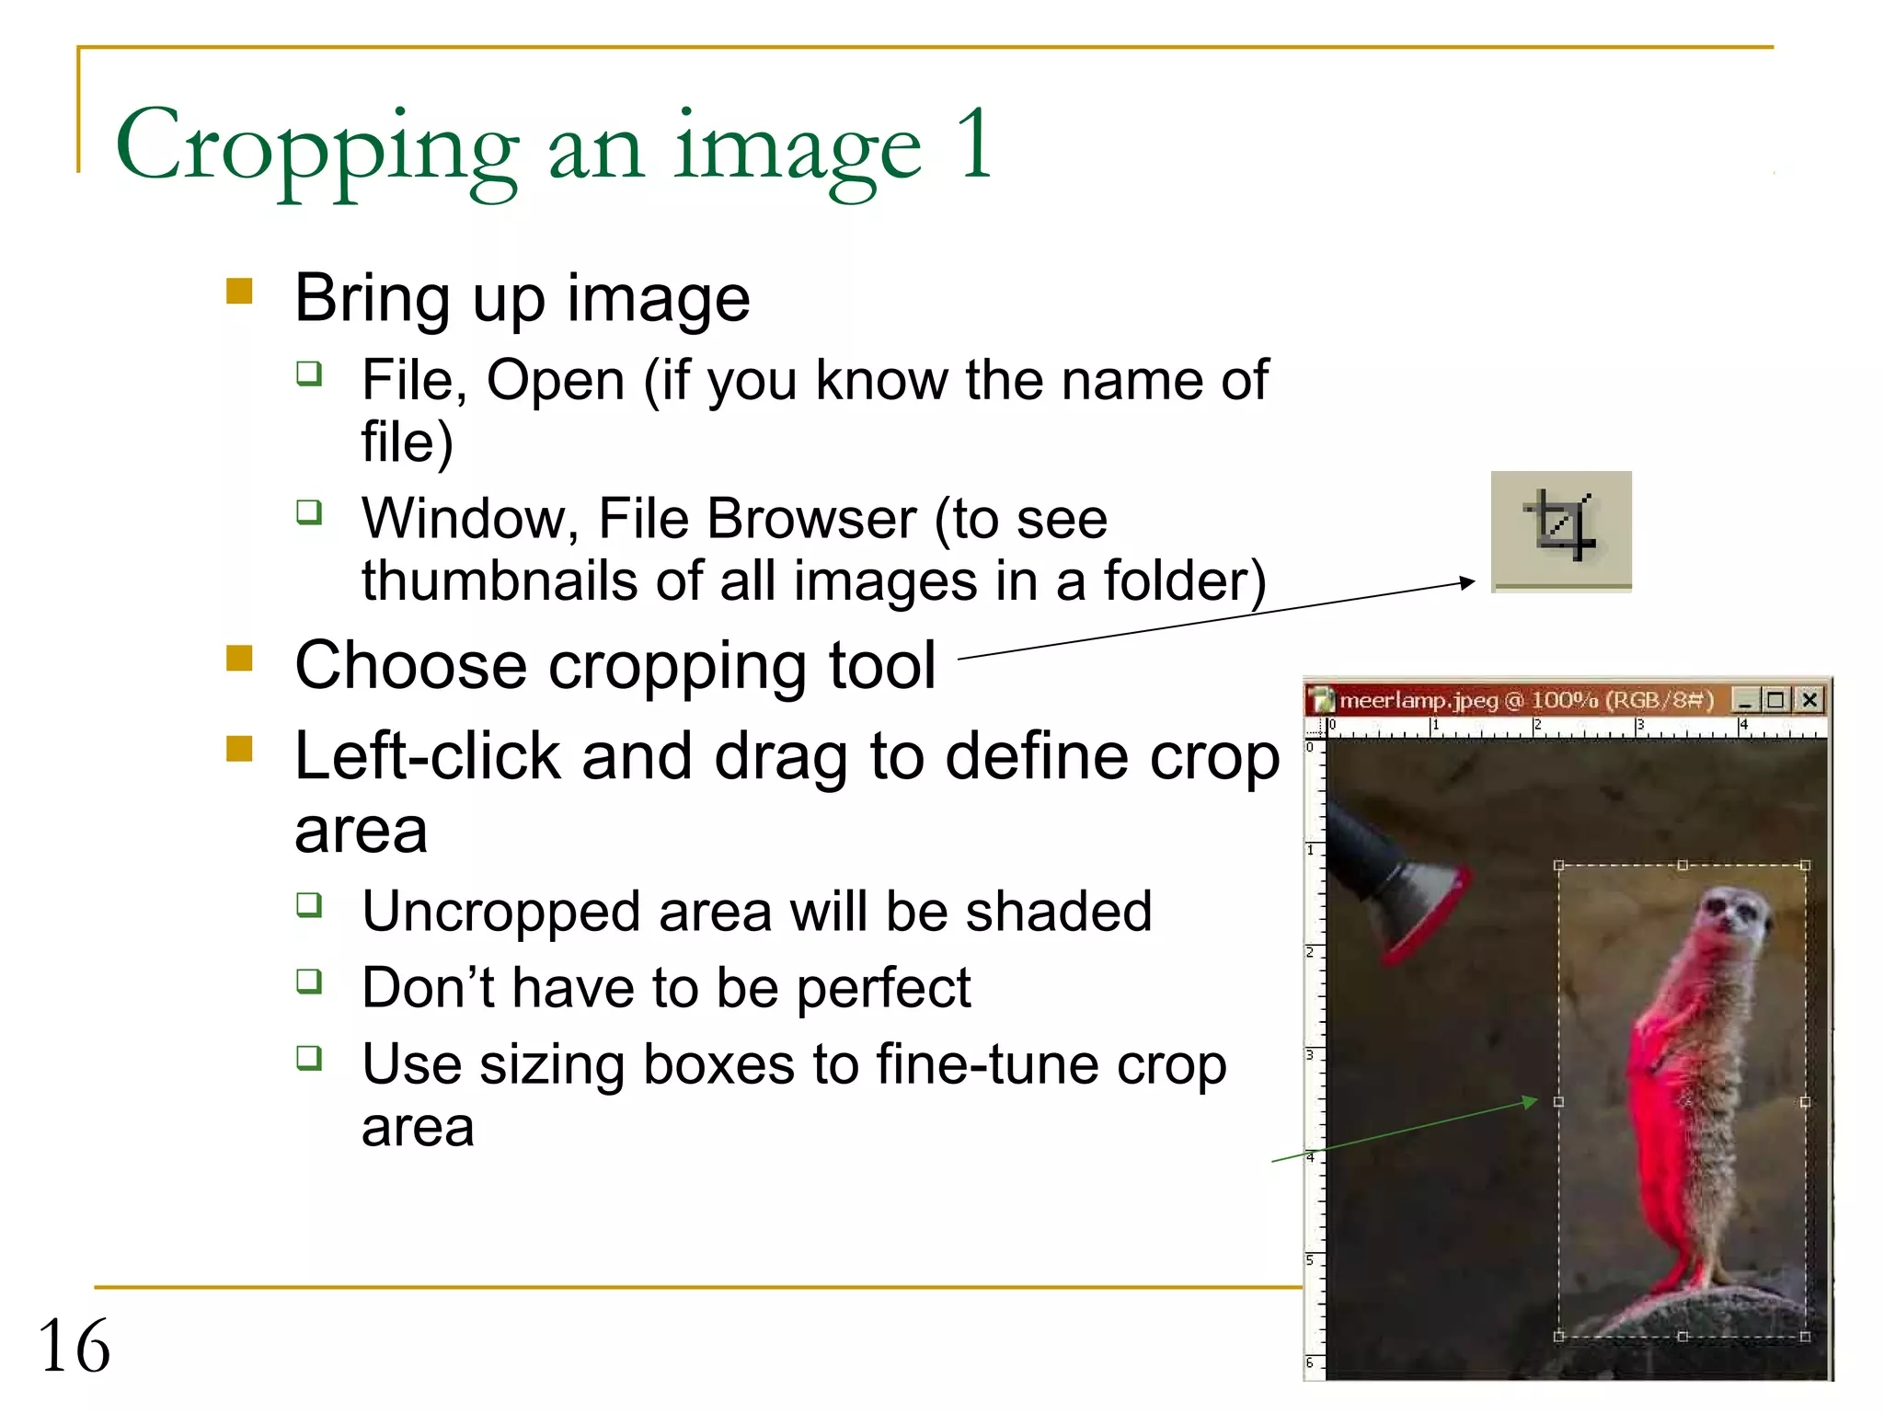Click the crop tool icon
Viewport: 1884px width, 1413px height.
[1560, 528]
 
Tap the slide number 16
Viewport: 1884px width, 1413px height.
[74, 1345]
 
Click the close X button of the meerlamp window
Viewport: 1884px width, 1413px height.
[1809, 700]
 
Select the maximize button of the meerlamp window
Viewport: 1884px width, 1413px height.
[1775, 700]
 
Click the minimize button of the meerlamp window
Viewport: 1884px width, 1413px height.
[1744, 701]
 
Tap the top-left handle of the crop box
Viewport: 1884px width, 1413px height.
[1558, 866]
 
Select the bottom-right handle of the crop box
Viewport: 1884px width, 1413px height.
[1805, 1336]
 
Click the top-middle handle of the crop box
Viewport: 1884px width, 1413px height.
[1683, 866]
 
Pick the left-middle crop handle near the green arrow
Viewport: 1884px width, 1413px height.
[1558, 1101]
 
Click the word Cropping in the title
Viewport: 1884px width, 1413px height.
[317, 147]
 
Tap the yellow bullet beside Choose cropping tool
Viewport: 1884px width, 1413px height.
[239, 659]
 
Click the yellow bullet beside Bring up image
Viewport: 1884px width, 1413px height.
[239, 292]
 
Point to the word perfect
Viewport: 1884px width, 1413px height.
[883, 989]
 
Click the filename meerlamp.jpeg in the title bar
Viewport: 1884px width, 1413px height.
[1418, 701]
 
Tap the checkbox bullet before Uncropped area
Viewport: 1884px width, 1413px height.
[309, 905]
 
